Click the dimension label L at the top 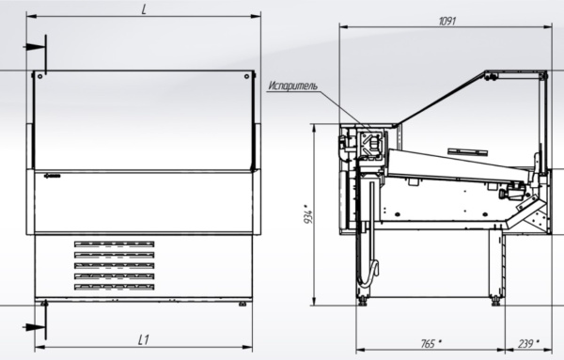tap(144, 8)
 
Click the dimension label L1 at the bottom tap(144, 337)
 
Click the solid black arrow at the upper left tap(36, 46)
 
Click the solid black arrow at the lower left tap(36, 326)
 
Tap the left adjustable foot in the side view tap(364, 299)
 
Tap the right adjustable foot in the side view tap(494, 299)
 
